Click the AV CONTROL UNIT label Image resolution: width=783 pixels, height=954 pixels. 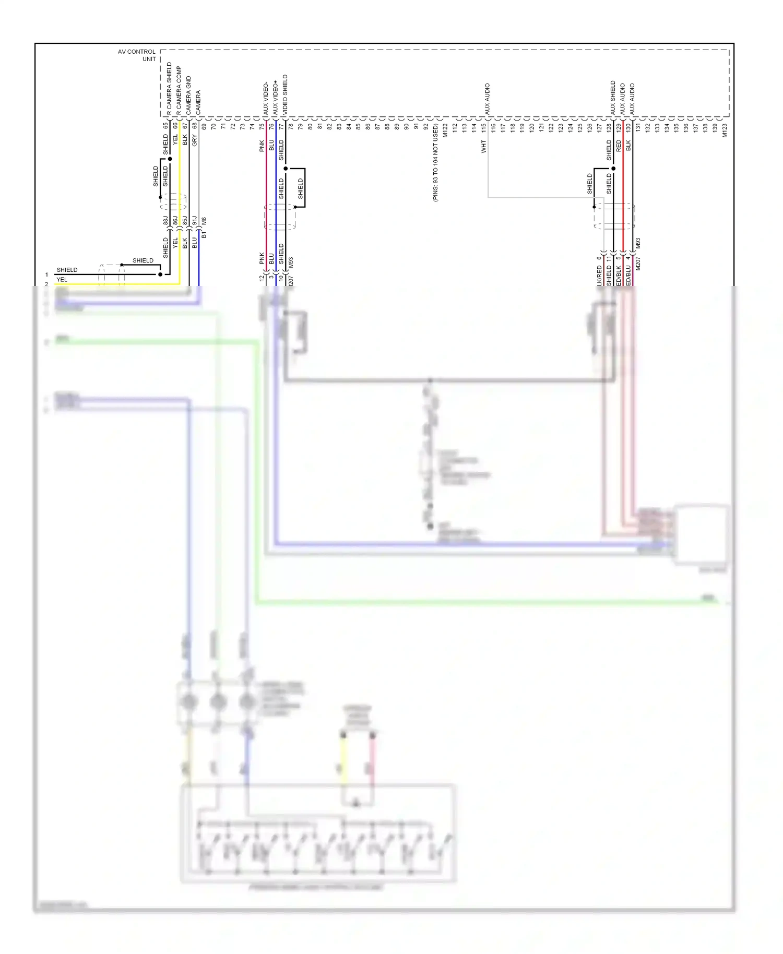pos(137,55)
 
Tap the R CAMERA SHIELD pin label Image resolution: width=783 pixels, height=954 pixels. pos(169,89)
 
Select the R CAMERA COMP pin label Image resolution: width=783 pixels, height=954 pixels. pos(179,90)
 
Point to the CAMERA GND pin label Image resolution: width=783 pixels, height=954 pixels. pos(188,96)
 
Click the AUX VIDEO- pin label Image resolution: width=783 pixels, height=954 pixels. pos(266,98)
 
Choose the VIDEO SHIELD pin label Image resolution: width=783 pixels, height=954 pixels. pos(285,95)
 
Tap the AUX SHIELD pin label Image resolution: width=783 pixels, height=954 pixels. pos(613,98)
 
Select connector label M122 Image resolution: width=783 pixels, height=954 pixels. pos(445,130)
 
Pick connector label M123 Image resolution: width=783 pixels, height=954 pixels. pos(725,130)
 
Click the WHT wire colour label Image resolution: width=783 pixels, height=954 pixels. pos(484,146)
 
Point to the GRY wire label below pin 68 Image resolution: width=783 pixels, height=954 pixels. pos(194,140)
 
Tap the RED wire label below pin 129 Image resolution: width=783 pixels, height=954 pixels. pos(619,145)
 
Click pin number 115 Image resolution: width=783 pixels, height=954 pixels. pos(484,127)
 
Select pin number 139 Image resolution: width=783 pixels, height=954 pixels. pos(715,127)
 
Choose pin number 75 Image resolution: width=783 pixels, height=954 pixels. pos(262,126)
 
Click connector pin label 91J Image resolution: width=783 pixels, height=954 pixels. pos(194,220)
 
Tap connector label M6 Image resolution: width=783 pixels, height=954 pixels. pos(204,220)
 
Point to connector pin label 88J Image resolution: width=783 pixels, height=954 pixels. pos(165,220)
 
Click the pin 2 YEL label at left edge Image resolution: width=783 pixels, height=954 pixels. pos(62,280)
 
